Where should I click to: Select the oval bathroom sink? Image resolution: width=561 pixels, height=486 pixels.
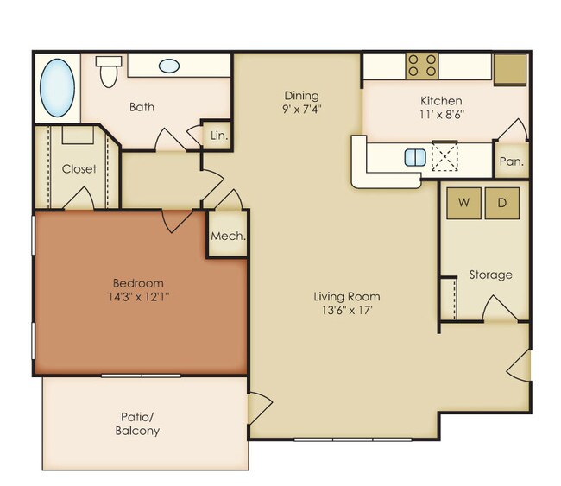[x=169, y=66]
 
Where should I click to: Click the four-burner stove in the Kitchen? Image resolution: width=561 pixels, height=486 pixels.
[x=422, y=66]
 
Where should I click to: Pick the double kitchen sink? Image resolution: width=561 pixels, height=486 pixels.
[x=415, y=157]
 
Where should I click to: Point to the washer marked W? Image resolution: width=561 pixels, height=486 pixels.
[x=464, y=203]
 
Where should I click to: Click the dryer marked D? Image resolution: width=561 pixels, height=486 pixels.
[x=502, y=203]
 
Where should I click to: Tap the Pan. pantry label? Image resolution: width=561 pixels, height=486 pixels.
[x=510, y=161]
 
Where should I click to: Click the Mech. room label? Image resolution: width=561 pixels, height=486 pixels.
[x=228, y=236]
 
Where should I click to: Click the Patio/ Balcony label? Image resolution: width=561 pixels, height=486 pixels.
[x=137, y=423]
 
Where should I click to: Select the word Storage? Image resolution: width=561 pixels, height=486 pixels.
[x=490, y=275]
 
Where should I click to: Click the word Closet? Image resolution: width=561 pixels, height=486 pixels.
[x=79, y=168]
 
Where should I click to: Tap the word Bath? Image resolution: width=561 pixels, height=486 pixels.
[x=142, y=107]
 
